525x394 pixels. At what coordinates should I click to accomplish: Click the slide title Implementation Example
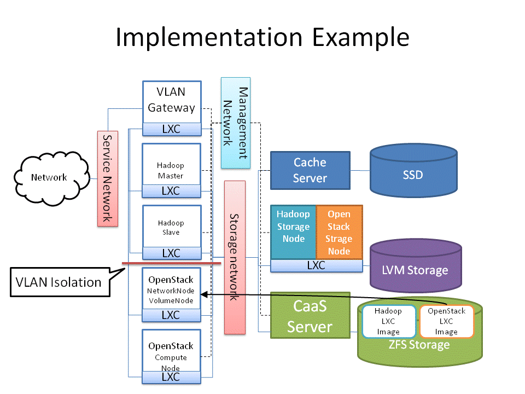(262, 37)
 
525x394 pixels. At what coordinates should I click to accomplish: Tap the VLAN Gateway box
(171, 101)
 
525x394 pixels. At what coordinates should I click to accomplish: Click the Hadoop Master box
(171, 165)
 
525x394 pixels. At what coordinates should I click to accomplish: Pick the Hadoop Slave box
(171, 227)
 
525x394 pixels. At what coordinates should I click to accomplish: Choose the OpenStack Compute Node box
(171, 351)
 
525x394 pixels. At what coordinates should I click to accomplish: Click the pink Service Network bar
(107, 178)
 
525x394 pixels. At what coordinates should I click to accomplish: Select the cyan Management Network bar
(235, 123)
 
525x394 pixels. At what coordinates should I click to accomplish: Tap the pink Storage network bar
(235, 257)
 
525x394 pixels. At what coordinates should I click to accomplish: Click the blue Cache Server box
(310, 170)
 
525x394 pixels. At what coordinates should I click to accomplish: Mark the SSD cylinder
(412, 175)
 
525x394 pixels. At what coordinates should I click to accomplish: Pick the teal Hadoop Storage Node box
(294, 232)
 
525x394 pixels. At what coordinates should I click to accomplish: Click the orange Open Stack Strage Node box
(339, 232)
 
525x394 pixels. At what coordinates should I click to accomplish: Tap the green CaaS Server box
(310, 315)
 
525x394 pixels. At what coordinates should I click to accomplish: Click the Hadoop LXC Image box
(388, 321)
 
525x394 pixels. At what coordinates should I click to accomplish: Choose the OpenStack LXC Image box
(446, 321)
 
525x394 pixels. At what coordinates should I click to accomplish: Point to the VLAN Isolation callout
(59, 282)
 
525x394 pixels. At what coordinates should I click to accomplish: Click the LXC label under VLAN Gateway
(171, 129)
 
